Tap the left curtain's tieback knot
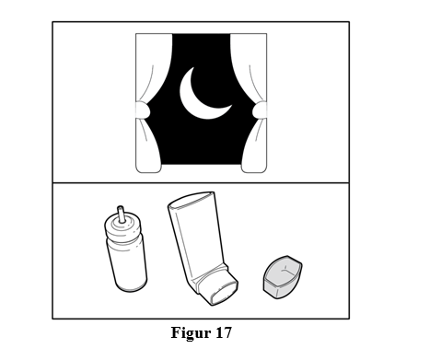click(x=143, y=110)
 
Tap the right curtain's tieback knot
click(x=260, y=110)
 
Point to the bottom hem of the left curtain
click(x=148, y=169)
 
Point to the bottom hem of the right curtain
click(x=254, y=169)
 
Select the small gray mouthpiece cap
click(x=283, y=277)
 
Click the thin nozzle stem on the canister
click(x=122, y=214)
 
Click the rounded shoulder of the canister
click(x=123, y=227)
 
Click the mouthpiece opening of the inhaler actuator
click(x=225, y=294)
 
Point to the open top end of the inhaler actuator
click(x=191, y=200)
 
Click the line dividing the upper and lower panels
click(x=201, y=183)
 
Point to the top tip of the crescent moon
click(x=193, y=68)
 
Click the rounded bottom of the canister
click(x=132, y=286)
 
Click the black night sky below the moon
click(x=201, y=141)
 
